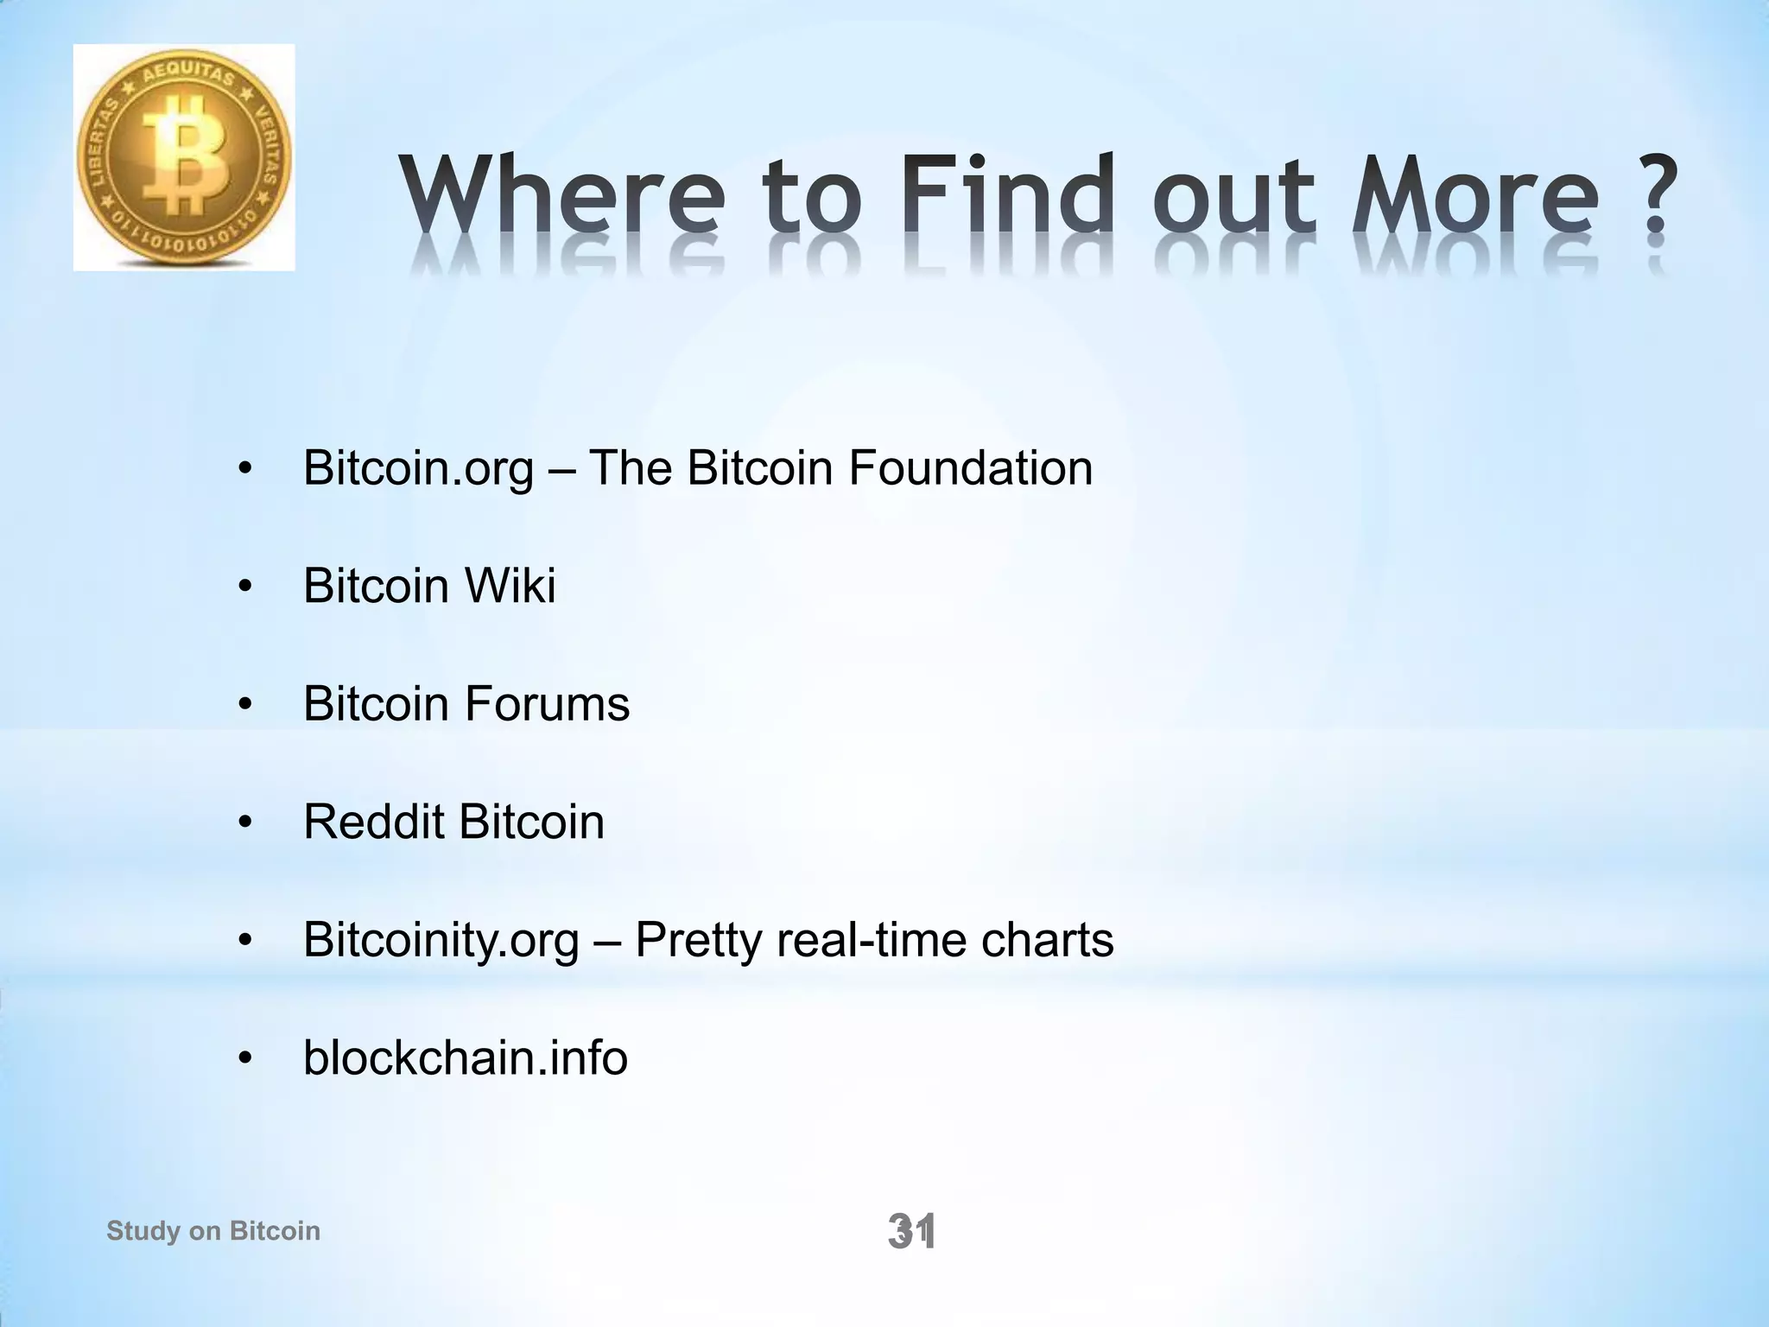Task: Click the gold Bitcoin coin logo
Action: pos(184,158)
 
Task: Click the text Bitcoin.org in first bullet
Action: pos(418,469)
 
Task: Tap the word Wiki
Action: pos(510,586)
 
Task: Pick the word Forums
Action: pos(547,703)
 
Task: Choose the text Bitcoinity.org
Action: pos(441,940)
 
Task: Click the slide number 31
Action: pos(911,1231)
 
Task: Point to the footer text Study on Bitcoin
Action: pos(212,1230)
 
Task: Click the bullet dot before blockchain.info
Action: pos(245,1058)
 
